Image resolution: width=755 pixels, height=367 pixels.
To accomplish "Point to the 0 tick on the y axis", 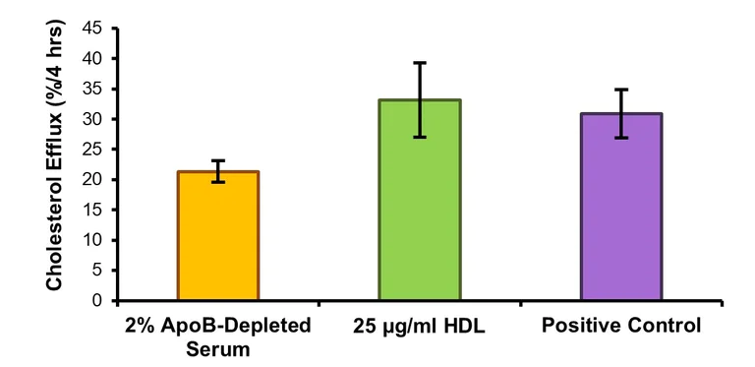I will tap(97, 301).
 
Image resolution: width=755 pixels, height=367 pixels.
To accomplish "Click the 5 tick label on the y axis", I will tap(97, 271).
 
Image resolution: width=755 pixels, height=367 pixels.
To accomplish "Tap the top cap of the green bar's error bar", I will tap(420, 63).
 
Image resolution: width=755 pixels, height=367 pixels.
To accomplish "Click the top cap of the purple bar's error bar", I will tap(620, 90).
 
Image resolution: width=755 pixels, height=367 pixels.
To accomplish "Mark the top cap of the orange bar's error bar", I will tap(217, 160).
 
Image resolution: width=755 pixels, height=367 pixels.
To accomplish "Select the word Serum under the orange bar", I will tap(217, 347).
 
